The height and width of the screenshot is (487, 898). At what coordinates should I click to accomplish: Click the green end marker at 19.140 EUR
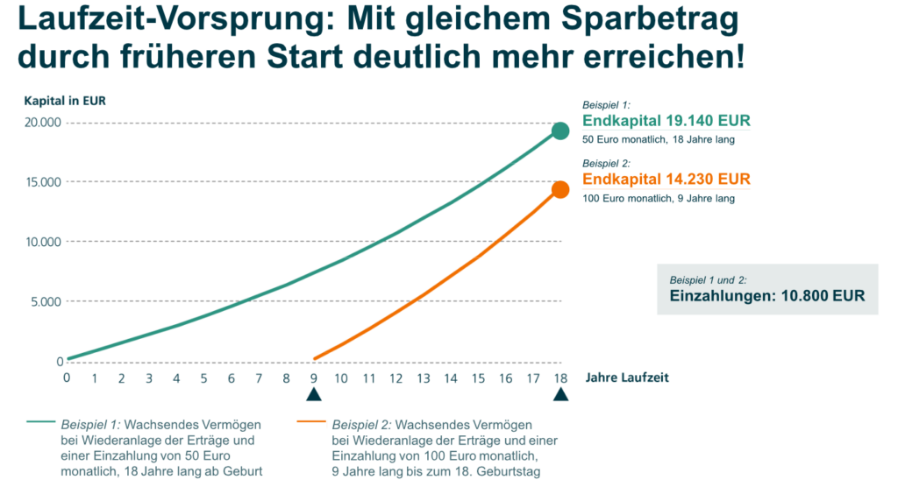click(x=560, y=131)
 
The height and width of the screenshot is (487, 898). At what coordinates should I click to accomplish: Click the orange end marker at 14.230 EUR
click(x=560, y=190)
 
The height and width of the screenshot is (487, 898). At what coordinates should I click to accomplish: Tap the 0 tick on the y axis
click(x=59, y=362)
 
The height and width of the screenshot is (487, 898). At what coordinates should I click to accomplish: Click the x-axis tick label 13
click(x=424, y=378)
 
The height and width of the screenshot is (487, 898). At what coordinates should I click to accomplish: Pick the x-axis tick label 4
click(x=176, y=378)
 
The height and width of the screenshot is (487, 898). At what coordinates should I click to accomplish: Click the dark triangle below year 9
click(x=314, y=396)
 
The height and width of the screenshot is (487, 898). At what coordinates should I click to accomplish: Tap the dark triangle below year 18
click(x=560, y=396)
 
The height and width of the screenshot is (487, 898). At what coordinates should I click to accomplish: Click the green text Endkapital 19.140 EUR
click(x=666, y=122)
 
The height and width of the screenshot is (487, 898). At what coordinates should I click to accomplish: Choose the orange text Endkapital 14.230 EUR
click(x=666, y=180)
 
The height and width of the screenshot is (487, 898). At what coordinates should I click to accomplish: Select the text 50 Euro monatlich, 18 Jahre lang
click(x=659, y=140)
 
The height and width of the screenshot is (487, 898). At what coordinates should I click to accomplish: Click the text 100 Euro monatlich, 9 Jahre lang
click(x=659, y=199)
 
